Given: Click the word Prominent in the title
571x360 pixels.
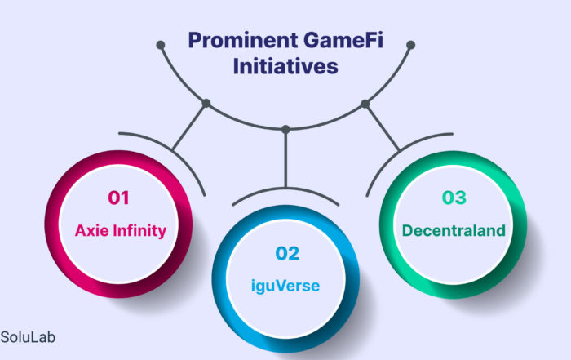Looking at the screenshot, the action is click(x=243, y=41).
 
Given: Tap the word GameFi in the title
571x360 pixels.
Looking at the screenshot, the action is click(x=343, y=40).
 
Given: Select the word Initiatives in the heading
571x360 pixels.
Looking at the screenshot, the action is click(x=285, y=66).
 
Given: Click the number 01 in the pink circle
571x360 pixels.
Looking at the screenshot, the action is click(x=118, y=198).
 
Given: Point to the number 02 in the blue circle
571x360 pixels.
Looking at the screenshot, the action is click(x=287, y=253).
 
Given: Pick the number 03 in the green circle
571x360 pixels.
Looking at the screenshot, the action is click(x=454, y=198).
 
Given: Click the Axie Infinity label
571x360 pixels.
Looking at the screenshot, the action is click(x=121, y=231).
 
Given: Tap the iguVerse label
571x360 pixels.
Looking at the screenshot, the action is click(x=285, y=286).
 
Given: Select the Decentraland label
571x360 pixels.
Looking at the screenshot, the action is click(x=454, y=231).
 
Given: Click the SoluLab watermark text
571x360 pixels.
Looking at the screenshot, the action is click(x=28, y=337).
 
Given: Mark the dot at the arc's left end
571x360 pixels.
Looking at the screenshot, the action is click(x=161, y=45).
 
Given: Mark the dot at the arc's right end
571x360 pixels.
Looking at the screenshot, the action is click(x=411, y=45).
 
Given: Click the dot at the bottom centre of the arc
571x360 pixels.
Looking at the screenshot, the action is click(x=285, y=129).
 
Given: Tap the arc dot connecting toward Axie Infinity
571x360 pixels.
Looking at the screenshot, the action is click(x=206, y=103).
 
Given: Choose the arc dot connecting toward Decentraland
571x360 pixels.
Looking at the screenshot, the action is click(x=365, y=104).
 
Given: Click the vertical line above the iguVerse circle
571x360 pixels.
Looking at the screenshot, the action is click(x=285, y=158).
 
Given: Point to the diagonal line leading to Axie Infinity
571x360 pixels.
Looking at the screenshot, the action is click(x=189, y=127).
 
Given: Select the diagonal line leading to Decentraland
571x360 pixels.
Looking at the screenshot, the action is click(x=383, y=127).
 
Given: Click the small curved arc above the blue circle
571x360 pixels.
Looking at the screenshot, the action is click(x=285, y=189).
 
